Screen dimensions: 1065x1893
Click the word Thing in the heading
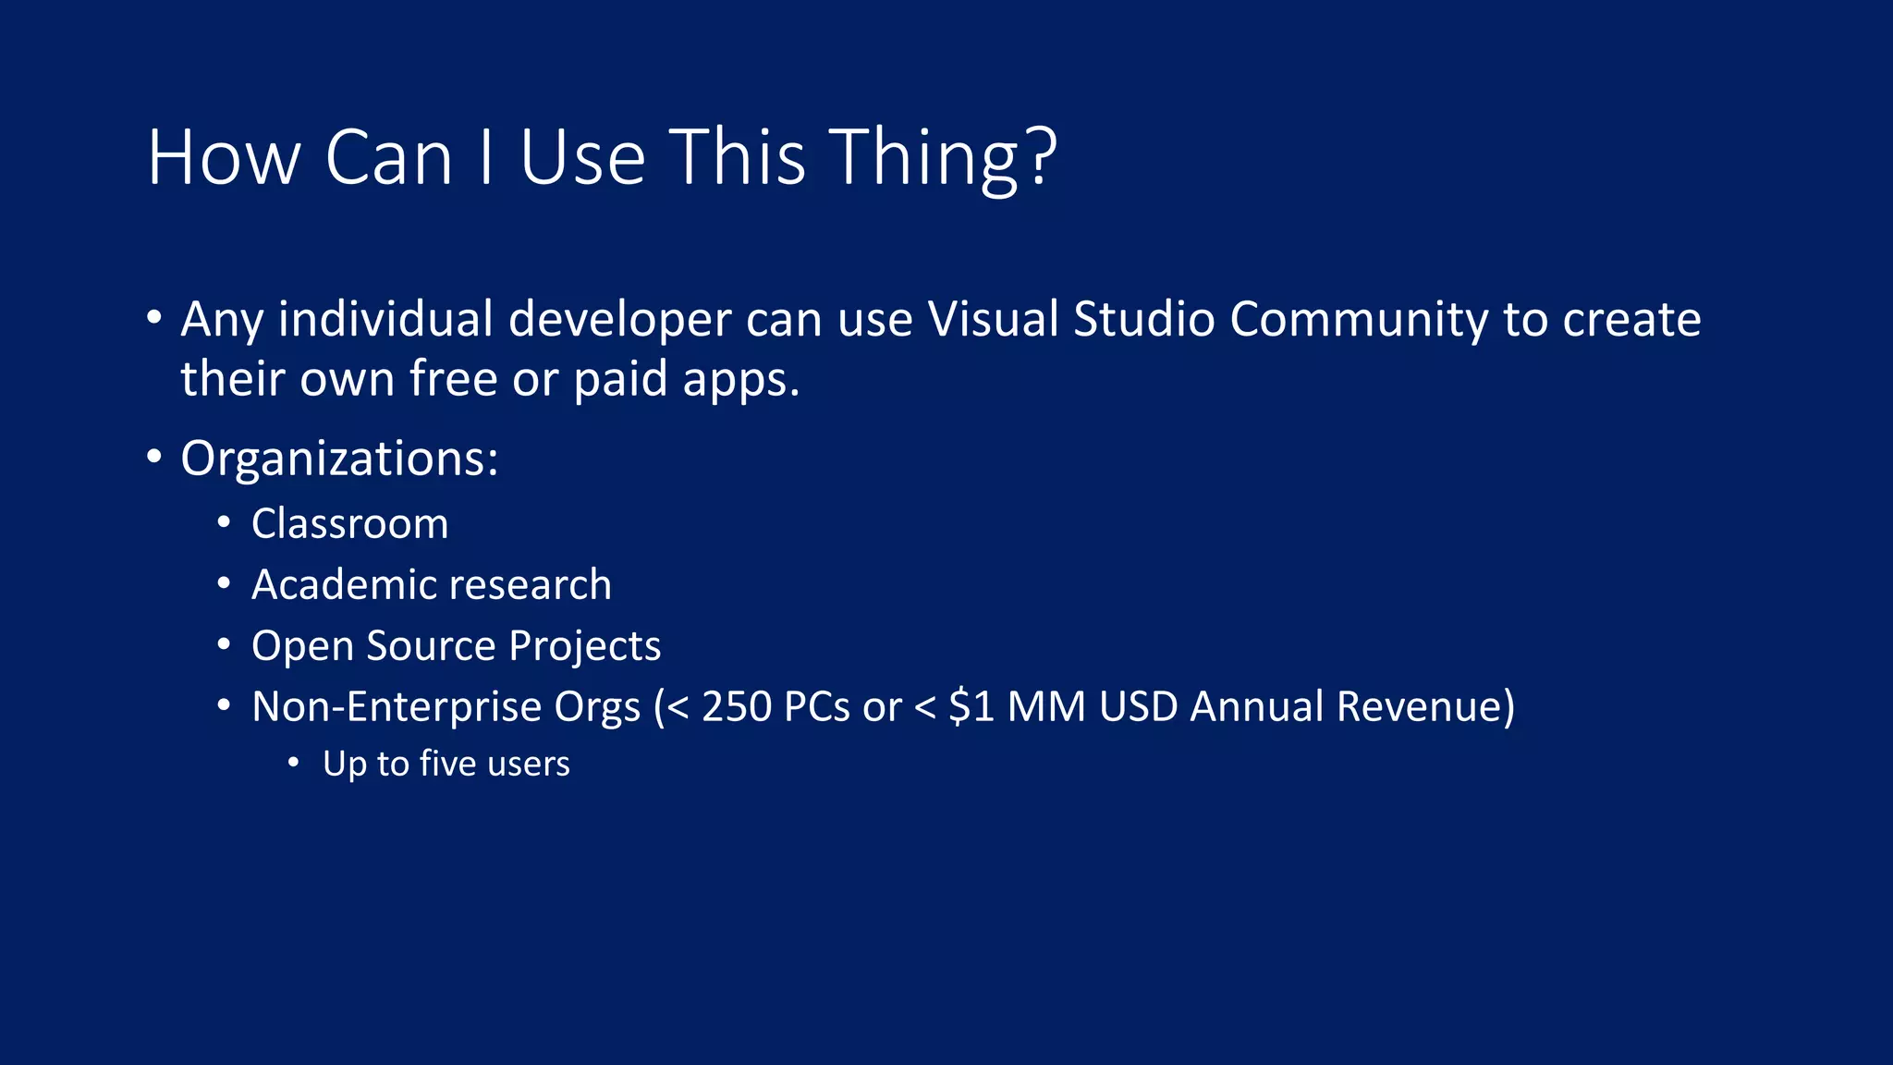[x=923, y=159]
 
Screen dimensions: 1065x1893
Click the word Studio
[x=1144, y=319]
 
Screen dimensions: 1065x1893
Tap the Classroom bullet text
[x=349, y=524]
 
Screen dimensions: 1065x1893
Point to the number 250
[x=737, y=706]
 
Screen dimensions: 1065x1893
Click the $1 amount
[x=971, y=706]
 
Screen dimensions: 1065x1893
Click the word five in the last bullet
[x=447, y=764]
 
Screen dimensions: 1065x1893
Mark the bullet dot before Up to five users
[x=293, y=764]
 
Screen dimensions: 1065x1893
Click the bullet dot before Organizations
[x=154, y=457]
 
